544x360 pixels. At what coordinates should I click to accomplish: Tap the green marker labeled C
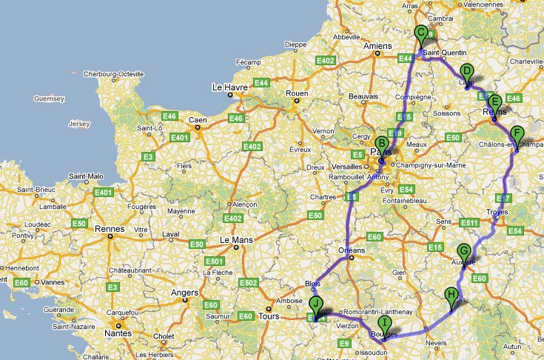click(420, 33)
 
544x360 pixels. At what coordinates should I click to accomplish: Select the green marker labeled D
click(466, 72)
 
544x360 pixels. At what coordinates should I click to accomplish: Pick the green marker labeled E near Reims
click(495, 103)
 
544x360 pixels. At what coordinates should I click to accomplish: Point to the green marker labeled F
click(517, 135)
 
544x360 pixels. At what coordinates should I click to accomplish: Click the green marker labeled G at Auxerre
click(464, 250)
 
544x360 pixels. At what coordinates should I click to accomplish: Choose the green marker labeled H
click(451, 296)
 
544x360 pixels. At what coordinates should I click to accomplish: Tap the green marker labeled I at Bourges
click(384, 324)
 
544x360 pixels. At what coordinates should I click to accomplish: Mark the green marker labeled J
click(316, 304)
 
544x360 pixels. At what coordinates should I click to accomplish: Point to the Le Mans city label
click(238, 240)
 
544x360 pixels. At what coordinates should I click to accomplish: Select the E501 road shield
click(215, 261)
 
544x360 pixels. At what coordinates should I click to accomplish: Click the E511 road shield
click(469, 222)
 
